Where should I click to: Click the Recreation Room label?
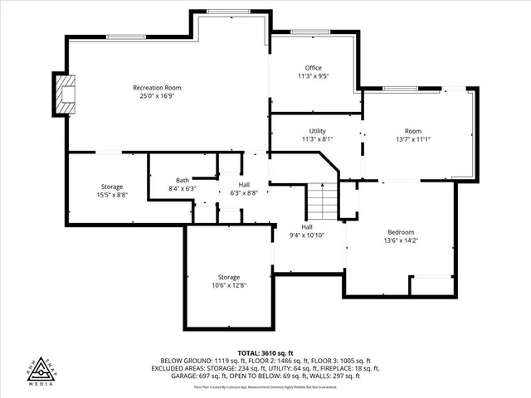coord(157,88)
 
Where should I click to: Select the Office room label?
coord(313,68)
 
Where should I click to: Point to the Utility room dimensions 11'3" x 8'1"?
coord(317,139)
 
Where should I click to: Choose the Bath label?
coord(183,180)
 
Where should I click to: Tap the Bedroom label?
coord(401,232)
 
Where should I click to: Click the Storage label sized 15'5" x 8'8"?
coord(112,187)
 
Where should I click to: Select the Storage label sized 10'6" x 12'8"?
coord(229,277)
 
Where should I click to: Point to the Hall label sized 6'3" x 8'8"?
coord(243,185)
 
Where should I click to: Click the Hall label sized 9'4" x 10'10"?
coord(306,226)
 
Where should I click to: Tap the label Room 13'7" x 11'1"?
coord(413,131)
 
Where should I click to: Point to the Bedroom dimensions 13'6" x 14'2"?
coord(401,240)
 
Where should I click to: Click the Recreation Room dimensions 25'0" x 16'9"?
coord(157,96)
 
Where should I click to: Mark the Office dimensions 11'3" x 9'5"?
coord(313,76)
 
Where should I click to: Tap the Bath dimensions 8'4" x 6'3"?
coord(183,188)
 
